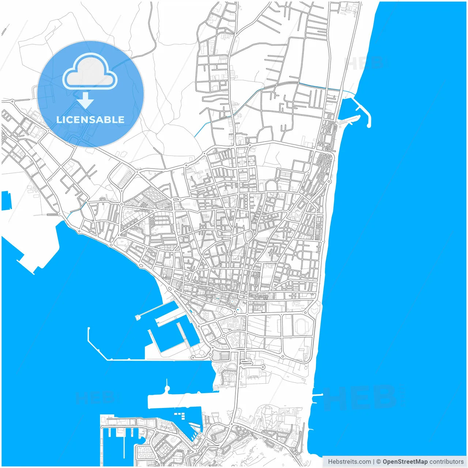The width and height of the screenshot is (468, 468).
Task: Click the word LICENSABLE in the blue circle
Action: (x=90, y=120)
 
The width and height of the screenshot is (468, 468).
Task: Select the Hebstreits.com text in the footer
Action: (x=349, y=462)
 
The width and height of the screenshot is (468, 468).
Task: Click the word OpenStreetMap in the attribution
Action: (x=405, y=462)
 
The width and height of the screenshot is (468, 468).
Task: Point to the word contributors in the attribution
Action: (x=446, y=462)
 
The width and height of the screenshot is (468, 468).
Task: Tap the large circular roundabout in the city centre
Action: (x=250, y=235)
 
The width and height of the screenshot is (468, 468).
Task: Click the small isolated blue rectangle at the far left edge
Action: (x=6, y=200)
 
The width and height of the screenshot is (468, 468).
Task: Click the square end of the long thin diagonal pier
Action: (x=138, y=317)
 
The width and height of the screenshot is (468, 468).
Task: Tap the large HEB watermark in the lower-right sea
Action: (x=362, y=399)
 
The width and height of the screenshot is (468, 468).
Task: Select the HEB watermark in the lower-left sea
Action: (x=94, y=398)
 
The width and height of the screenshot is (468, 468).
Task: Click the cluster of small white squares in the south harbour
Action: (x=180, y=416)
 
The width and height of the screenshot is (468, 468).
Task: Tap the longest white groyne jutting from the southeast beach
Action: (x=317, y=395)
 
